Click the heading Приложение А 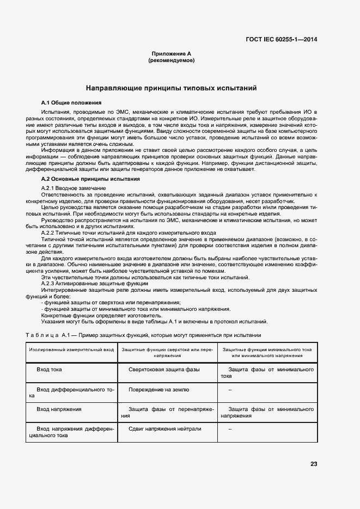pyautogui.click(x=171, y=53)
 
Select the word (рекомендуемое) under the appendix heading pyautogui.click(x=171, y=60)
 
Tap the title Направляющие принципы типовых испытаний pyautogui.click(x=171, y=88)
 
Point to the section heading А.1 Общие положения pyautogui.click(x=71, y=102)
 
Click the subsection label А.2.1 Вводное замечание pyautogui.click(x=74, y=188)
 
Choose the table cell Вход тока pyautogui.click(x=49, y=369)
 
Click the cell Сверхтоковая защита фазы pyautogui.click(x=164, y=369)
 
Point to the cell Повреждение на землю pyautogui.click(x=159, y=390)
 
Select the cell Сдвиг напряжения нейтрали pyautogui.click(x=165, y=428)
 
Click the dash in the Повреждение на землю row pyautogui.click(x=230, y=390)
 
